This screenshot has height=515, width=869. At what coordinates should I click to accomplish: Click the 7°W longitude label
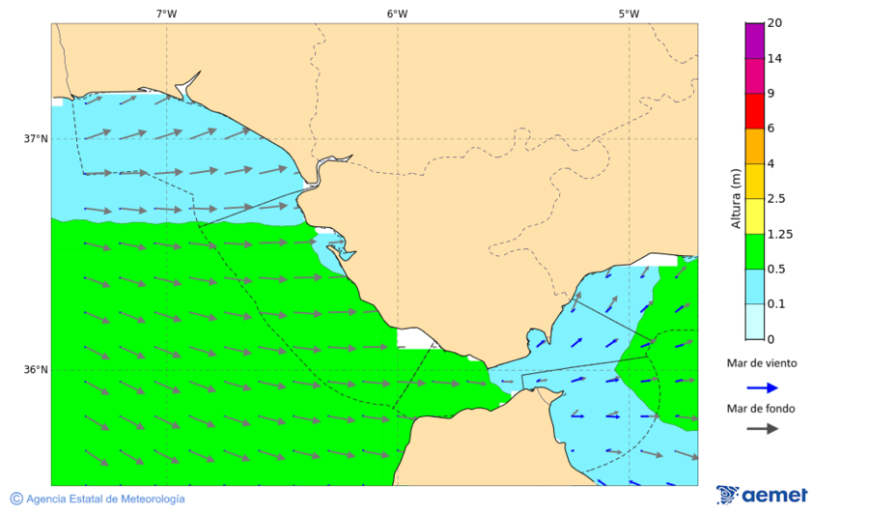166,14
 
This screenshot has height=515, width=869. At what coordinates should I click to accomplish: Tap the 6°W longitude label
397,14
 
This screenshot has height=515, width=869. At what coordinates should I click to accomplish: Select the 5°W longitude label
629,14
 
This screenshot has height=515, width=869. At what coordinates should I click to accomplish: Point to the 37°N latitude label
36,138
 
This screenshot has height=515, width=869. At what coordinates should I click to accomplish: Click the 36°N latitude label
36,369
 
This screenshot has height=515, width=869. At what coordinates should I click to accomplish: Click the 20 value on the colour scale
774,23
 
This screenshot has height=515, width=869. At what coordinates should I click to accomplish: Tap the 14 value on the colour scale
774,59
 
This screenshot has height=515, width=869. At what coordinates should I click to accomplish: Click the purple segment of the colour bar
755,41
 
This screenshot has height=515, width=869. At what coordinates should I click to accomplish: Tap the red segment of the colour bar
755,111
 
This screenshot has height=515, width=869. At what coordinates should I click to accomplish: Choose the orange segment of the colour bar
755,146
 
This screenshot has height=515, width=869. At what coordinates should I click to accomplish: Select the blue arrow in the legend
762,387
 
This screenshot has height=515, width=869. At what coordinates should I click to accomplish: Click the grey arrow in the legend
762,428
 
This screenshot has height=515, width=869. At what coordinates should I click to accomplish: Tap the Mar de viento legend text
762,363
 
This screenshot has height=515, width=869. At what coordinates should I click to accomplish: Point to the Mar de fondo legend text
762,409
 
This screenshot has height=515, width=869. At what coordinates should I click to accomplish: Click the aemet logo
762,495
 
